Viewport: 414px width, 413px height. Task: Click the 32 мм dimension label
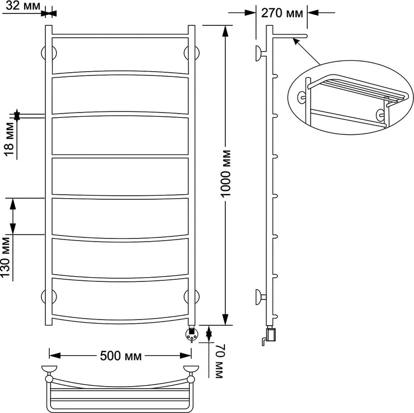[x=23, y=6]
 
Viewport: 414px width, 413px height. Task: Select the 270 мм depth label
[x=282, y=13]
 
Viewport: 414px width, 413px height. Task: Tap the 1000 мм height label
[x=226, y=173]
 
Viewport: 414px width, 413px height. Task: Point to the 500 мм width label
[x=121, y=356]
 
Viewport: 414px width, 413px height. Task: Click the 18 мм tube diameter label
[x=9, y=139]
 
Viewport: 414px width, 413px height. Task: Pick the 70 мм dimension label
[x=220, y=361]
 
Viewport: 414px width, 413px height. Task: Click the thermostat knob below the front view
[x=191, y=335]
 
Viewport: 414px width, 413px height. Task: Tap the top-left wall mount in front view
[x=49, y=53]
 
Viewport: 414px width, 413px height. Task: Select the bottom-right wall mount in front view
[x=191, y=296]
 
